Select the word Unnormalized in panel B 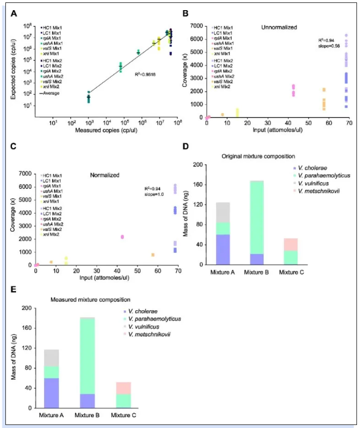click(x=277, y=27)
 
